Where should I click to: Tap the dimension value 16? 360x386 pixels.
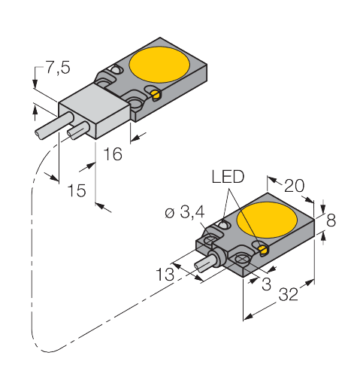click(x=112, y=155)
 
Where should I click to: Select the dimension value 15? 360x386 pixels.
click(x=76, y=190)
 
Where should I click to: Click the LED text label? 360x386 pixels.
click(x=227, y=178)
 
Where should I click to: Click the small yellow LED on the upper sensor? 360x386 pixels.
click(x=156, y=95)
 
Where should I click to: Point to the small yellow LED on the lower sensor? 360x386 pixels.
click(x=262, y=248)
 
